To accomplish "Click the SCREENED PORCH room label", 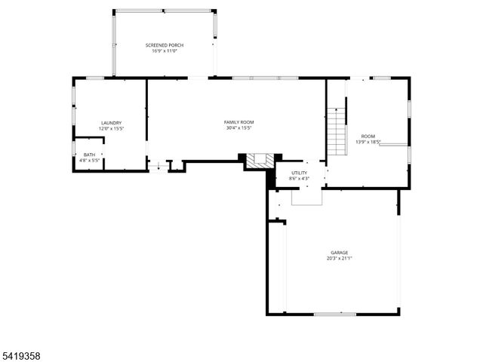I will (x=165, y=45).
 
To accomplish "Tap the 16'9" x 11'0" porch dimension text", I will (x=165, y=51).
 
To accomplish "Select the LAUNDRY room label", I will (x=112, y=123).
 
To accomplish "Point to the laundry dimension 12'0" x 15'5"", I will (x=112, y=129).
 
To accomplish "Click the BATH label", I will (x=89, y=155).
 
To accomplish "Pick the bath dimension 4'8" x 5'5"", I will (x=89, y=161).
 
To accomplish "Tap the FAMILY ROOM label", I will (x=238, y=122).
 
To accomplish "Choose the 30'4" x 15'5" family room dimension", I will (x=238, y=128).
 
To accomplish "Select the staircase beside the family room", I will (x=337, y=130).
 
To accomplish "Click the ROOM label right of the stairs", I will (x=368, y=136).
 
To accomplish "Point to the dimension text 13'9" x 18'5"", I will (x=368, y=142).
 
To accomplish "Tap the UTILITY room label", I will (x=300, y=173).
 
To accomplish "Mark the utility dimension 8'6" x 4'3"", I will (x=300, y=179).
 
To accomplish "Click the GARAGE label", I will (x=339, y=252).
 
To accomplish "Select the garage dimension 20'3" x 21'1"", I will (x=339, y=258).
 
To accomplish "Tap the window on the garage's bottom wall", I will (x=334, y=314).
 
